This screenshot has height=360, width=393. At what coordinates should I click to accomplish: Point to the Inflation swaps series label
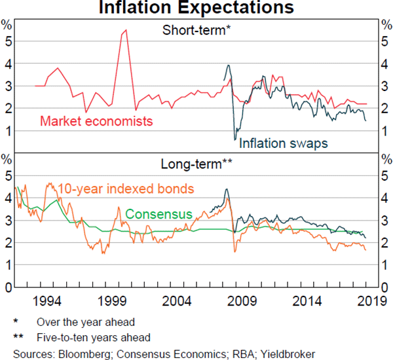click(x=283, y=143)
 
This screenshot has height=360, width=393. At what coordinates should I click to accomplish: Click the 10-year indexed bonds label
click(x=126, y=189)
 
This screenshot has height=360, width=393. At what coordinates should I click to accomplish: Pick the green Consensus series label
click(x=159, y=214)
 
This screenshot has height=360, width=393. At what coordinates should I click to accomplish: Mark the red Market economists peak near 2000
click(x=126, y=29)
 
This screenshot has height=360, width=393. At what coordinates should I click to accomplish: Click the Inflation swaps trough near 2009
click(x=235, y=139)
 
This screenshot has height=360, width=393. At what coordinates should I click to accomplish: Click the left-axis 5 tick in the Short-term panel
click(x=8, y=41)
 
